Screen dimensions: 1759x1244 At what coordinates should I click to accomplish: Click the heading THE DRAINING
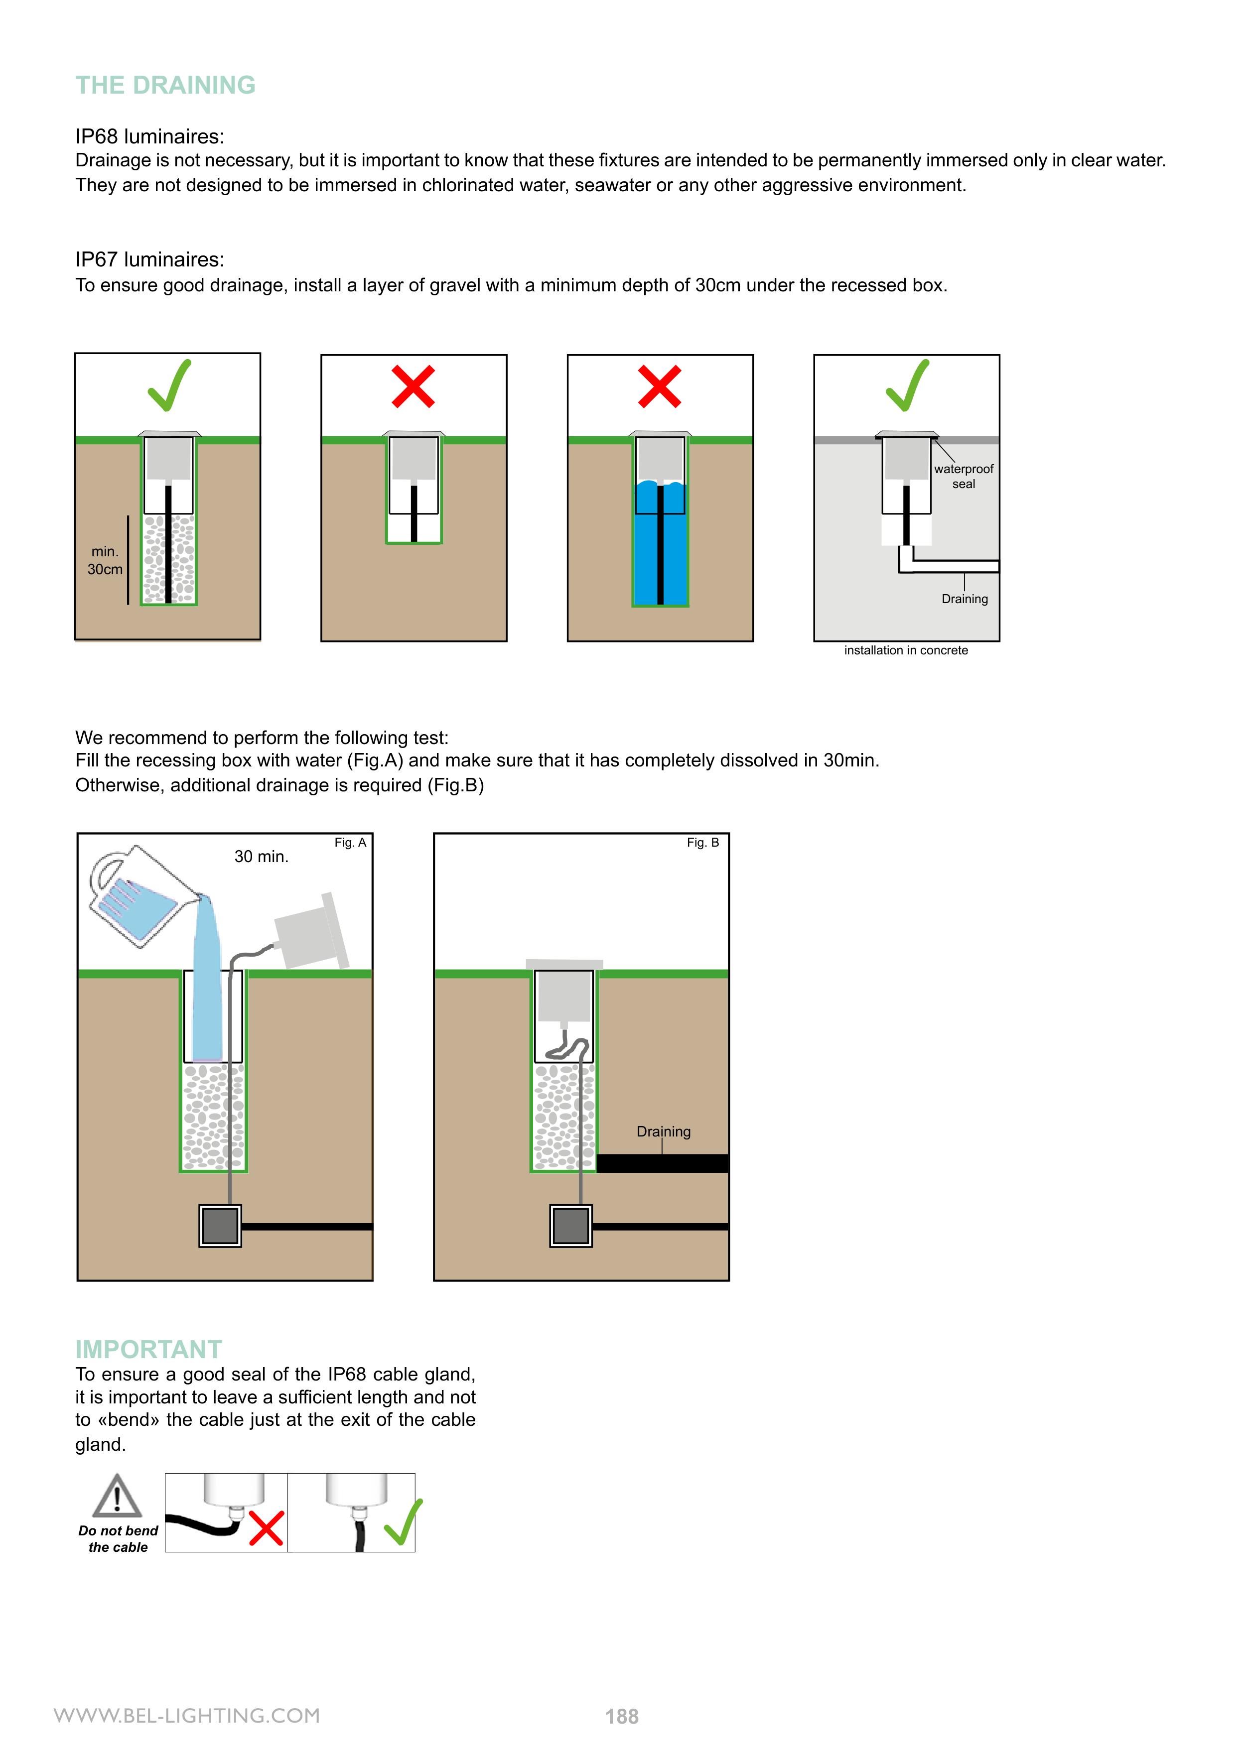pyautogui.click(x=165, y=85)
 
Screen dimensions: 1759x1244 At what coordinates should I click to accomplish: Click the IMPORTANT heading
pyautogui.click(x=148, y=1349)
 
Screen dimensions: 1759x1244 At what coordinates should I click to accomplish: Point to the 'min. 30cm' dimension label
pyautogui.click(x=105, y=560)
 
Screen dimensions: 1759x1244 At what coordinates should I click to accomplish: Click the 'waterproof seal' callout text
pyautogui.click(x=964, y=476)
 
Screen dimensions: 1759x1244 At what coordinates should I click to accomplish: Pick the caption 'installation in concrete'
pyautogui.click(x=906, y=650)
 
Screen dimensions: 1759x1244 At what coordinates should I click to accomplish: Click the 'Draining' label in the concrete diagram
pyautogui.click(x=964, y=599)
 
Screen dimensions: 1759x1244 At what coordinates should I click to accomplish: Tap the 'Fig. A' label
pyautogui.click(x=350, y=843)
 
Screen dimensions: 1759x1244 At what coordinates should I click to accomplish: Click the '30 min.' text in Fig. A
pyautogui.click(x=262, y=857)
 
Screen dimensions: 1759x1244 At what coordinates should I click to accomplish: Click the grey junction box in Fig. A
pyautogui.click(x=220, y=1226)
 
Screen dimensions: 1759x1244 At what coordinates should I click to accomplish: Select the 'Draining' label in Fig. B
pyautogui.click(x=664, y=1131)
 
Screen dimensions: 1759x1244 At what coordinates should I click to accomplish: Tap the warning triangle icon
pyautogui.click(x=117, y=1497)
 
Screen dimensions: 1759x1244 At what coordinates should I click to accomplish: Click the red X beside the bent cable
pyautogui.click(x=266, y=1527)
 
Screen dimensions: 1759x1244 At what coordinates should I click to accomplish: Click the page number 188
pyautogui.click(x=622, y=1717)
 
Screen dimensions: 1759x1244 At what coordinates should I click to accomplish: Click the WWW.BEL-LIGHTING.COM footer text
pyautogui.click(x=187, y=1715)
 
